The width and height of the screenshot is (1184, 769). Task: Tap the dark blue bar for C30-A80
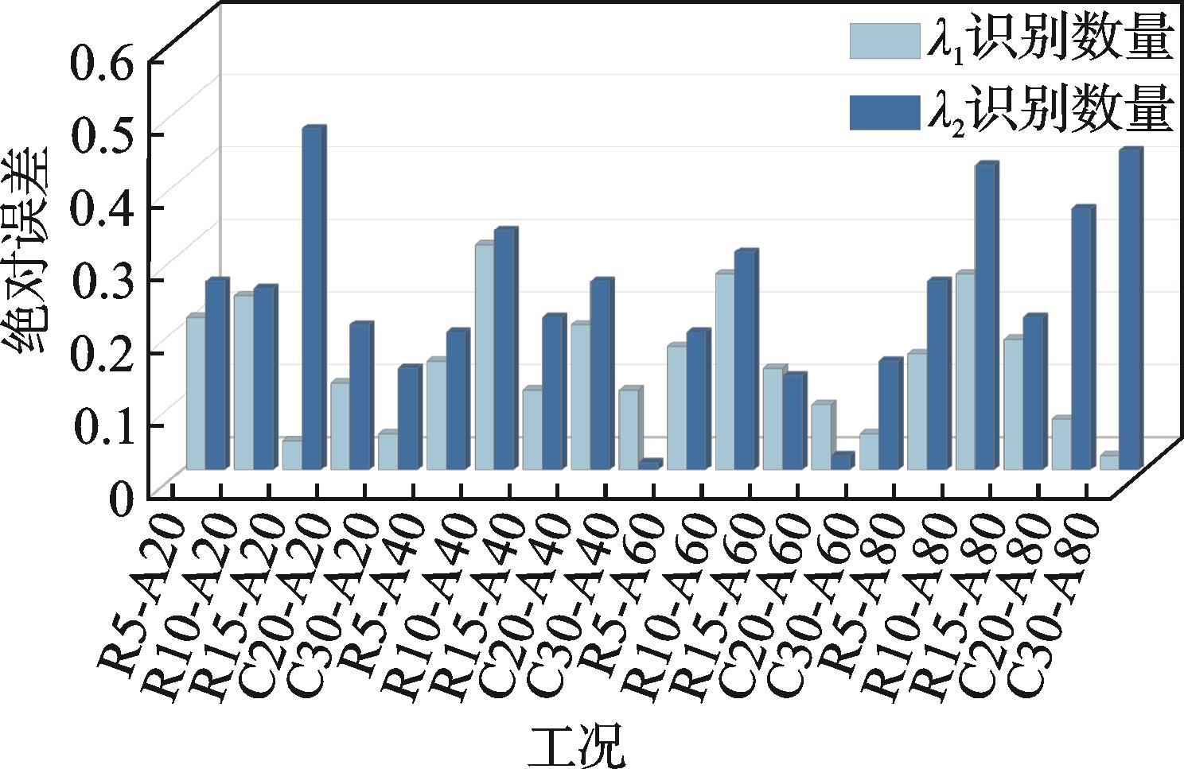1128,309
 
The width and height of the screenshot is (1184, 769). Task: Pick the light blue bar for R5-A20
196,393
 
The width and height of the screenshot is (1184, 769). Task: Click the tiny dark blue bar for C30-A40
648,466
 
